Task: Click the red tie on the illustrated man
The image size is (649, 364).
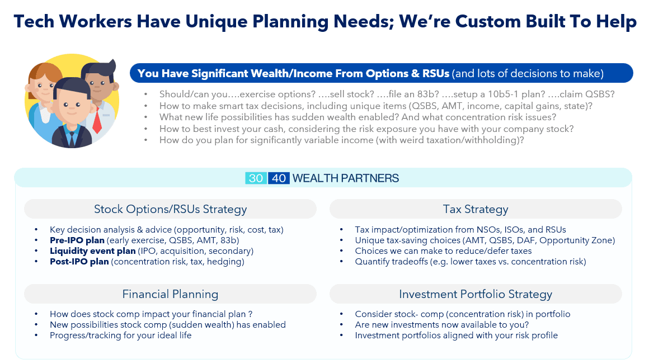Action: click(97, 121)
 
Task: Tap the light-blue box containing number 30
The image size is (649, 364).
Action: click(256, 178)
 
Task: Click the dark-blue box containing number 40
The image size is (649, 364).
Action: click(279, 178)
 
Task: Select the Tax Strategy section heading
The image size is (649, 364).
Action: click(476, 209)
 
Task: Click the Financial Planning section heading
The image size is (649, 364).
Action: click(170, 294)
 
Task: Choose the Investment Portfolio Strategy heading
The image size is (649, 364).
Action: click(476, 294)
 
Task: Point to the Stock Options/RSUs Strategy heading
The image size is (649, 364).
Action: click(170, 209)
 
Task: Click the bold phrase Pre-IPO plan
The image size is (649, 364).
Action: click(77, 240)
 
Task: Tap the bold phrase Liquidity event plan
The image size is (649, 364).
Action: click(93, 251)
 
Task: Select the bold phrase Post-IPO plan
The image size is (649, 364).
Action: click(79, 262)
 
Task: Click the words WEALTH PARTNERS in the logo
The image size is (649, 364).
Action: click(346, 178)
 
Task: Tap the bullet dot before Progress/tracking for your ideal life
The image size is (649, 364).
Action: click(36, 335)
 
